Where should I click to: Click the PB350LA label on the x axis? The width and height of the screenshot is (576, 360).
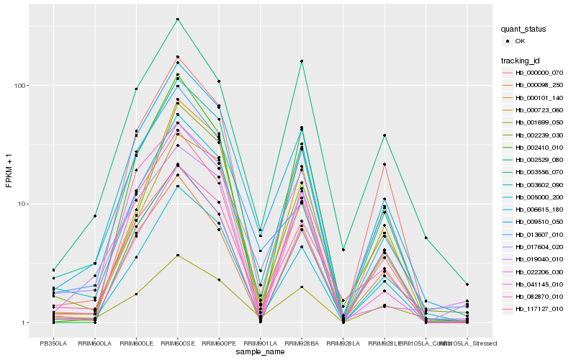53,342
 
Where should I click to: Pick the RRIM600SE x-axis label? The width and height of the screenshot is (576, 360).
177,342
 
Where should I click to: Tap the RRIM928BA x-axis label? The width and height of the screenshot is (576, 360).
302,342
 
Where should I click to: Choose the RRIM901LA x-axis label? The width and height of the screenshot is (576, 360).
260,342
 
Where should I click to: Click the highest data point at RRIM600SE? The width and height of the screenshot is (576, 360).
177,19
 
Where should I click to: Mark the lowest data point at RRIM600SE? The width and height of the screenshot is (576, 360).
177,255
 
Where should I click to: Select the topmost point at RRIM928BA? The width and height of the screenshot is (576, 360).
302,61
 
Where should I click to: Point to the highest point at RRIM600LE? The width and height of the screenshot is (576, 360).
136,89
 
